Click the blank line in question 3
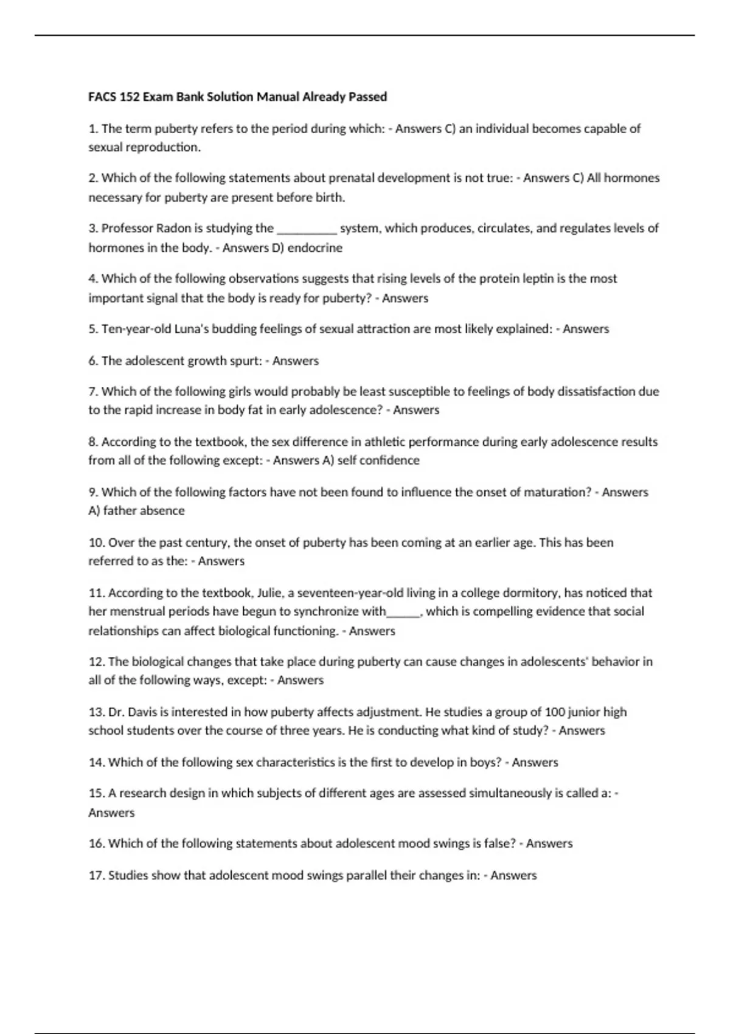coord(307,230)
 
